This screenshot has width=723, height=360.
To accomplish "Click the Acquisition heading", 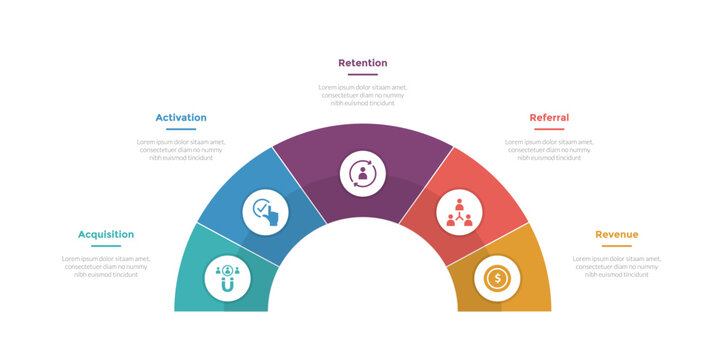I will (x=106, y=234).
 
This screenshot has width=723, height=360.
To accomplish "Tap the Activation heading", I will (x=181, y=117).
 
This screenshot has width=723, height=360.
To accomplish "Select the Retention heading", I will (x=362, y=63).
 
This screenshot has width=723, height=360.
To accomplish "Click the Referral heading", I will (x=549, y=117).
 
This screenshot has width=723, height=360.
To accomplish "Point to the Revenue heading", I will (x=616, y=234).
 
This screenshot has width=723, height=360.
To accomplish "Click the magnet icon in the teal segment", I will (x=228, y=277).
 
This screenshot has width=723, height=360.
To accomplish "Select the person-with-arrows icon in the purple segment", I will (x=362, y=173).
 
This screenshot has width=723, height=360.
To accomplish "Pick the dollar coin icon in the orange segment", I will (x=497, y=277).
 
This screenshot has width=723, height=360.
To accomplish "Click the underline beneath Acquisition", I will (x=106, y=246).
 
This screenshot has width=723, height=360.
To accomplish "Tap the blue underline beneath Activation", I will (x=181, y=129).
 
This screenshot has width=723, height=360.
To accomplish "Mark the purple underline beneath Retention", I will (x=362, y=75).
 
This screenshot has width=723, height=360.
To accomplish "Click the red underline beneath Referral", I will (x=549, y=129).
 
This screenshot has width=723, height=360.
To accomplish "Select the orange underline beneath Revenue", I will (x=616, y=246).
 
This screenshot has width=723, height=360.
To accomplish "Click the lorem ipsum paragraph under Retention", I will (x=362, y=95).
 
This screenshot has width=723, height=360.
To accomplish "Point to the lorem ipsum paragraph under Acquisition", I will (x=106, y=266).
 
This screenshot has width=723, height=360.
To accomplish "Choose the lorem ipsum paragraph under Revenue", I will (x=616, y=266).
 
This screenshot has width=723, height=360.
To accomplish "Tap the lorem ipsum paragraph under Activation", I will (x=181, y=149).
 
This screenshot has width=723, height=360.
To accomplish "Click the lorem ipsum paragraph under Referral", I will (x=549, y=149).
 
